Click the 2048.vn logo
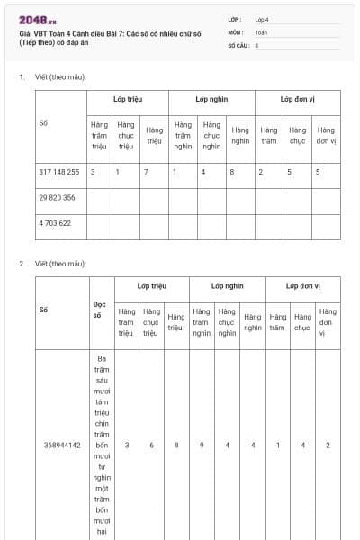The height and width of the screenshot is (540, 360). point(37,19)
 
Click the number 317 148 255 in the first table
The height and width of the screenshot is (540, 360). point(59,171)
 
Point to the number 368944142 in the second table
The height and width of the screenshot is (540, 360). point(62,445)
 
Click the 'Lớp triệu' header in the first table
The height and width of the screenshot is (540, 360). point(127,98)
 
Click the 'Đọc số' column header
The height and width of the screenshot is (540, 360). point(99,310)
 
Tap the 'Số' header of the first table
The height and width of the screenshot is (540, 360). point(43,123)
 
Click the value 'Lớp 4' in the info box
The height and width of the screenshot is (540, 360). point(262,19)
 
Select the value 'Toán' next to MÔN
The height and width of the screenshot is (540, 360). point(261,31)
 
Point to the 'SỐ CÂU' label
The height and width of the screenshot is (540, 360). point(238,44)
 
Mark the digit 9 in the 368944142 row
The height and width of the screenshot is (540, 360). point(202,445)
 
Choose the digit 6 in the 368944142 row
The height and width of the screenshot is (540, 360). point(151,445)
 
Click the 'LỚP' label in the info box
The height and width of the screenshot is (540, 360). point(234,19)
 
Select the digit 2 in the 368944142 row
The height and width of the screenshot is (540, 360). point(328,445)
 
